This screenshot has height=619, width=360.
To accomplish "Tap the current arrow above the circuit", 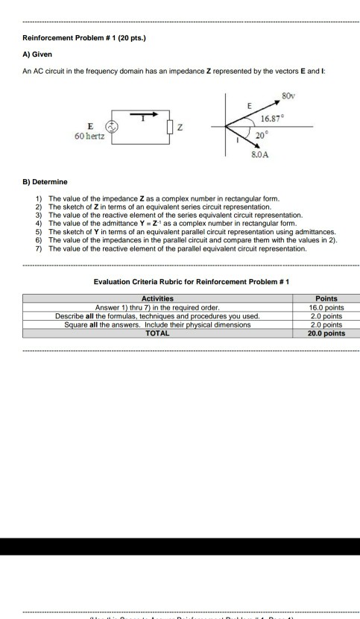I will click(147, 114).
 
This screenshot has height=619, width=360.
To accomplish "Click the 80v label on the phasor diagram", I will click(287, 95).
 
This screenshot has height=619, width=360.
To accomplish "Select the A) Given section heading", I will click(37, 54).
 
